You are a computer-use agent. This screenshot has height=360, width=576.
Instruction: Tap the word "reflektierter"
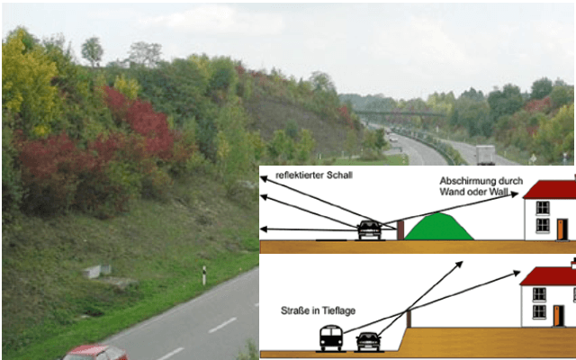[301, 175]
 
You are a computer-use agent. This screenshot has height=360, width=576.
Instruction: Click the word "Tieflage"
[338, 310]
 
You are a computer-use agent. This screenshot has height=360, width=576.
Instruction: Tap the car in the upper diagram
[368, 229]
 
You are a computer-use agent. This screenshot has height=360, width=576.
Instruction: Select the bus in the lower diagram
[331, 338]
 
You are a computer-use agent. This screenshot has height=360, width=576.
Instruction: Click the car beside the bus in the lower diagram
[367, 341]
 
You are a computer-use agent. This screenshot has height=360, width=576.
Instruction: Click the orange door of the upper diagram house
[561, 229]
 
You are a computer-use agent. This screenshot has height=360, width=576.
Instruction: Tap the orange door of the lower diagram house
[559, 316]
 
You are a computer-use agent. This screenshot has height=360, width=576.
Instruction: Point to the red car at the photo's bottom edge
[94, 352]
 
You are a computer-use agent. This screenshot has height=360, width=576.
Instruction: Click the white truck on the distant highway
[485, 155]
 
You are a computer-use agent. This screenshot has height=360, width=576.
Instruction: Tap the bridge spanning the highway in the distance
[400, 114]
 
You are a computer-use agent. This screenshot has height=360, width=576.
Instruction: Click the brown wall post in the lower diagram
[408, 318]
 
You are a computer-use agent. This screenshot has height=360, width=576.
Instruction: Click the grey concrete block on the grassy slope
[97, 269]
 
